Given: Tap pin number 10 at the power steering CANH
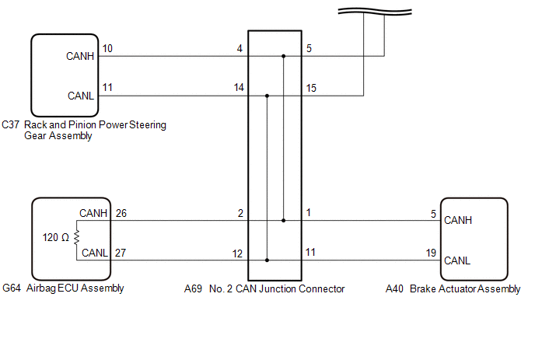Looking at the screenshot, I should (107, 49).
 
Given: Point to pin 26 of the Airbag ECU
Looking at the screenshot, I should (121, 213).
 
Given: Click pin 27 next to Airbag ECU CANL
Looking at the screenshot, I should (121, 253).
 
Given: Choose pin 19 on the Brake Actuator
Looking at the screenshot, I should (431, 253).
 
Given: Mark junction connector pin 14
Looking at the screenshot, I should (238, 89).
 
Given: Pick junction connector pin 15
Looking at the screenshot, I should (311, 89).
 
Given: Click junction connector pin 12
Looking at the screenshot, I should (238, 253).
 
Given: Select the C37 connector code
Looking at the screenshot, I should (11, 124).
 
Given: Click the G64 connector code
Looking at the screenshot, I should (11, 288).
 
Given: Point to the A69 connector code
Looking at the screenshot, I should (193, 288).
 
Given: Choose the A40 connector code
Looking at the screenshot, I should (394, 288).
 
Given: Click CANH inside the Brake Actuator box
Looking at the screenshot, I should (458, 220).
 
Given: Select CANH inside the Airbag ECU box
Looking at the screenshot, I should (93, 212).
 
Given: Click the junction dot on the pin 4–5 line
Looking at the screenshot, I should (284, 56).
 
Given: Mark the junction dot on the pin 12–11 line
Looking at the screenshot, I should (267, 260).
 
